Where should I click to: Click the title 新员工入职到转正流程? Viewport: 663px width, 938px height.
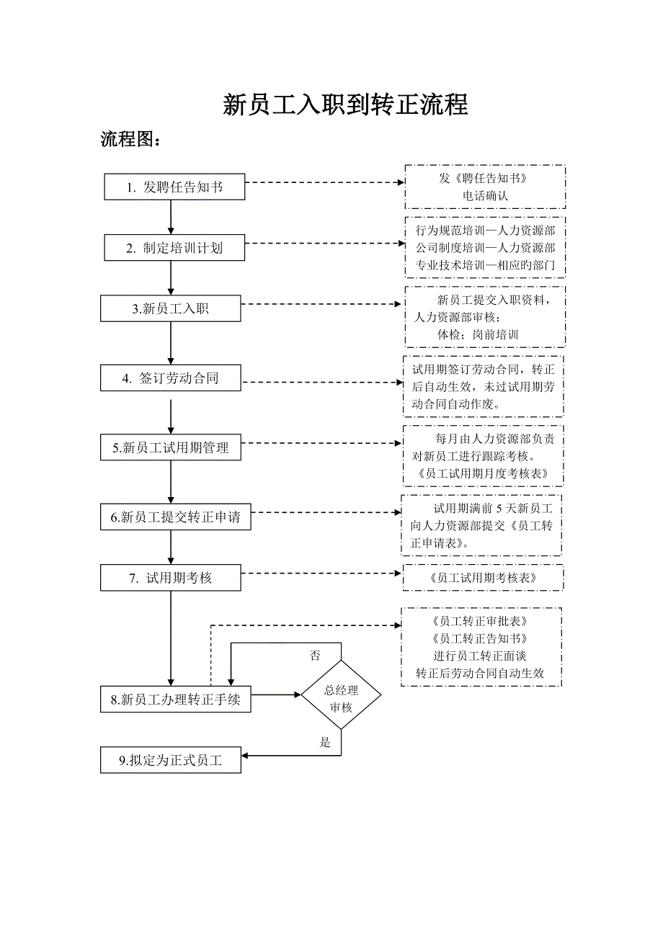(345, 105)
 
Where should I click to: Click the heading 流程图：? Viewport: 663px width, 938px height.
(130, 139)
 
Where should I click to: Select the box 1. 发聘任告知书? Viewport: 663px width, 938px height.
(174, 187)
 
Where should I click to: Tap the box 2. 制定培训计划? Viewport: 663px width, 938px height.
(174, 248)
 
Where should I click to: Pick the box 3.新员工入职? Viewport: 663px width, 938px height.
(171, 309)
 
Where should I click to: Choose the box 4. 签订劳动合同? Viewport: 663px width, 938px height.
(171, 378)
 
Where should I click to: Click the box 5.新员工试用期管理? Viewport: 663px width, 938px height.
(171, 447)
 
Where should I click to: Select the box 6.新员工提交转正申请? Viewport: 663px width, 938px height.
(176, 517)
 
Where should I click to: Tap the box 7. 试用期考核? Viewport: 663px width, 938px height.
(171, 578)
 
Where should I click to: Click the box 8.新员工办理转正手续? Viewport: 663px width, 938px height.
(176, 700)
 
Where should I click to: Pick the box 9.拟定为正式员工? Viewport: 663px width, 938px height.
(171, 760)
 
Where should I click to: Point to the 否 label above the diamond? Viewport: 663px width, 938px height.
(315, 655)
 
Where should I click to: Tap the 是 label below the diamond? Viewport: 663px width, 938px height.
(325, 742)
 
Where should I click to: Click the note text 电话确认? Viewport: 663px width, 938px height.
(484, 195)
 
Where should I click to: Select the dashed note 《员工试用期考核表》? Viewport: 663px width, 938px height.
(483, 578)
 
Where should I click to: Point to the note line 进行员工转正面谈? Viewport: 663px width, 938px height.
(480, 656)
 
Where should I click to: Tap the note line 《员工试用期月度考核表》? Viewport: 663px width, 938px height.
(483, 473)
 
